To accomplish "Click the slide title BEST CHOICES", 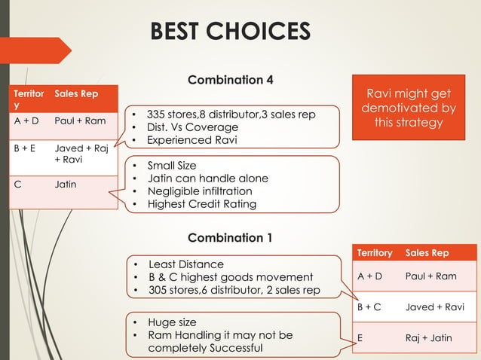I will [230, 32].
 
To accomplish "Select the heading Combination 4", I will [230, 80].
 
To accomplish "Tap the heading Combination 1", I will [230, 238].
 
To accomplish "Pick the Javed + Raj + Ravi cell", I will [80, 154].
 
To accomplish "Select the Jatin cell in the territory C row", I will [65, 183].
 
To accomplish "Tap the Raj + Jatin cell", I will [428, 337].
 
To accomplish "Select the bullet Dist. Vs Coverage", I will [192, 127].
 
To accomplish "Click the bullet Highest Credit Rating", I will [202, 204].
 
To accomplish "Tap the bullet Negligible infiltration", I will [201, 191].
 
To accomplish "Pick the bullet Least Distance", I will [185, 264].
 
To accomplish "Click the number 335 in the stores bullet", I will [156, 114].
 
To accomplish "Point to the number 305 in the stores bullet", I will [158, 290].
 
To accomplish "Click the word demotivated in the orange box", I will [408, 108].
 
